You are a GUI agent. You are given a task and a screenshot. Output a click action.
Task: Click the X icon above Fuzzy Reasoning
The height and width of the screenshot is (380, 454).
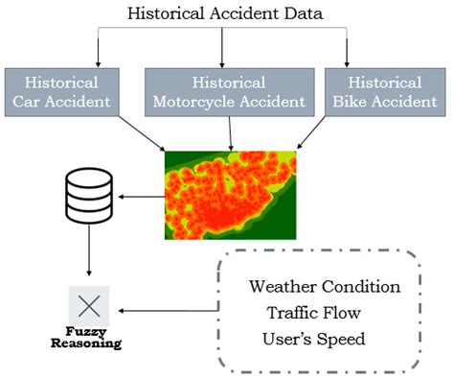pos(88,307)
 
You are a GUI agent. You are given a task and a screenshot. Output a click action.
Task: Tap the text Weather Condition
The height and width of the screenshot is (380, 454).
pos(324,287)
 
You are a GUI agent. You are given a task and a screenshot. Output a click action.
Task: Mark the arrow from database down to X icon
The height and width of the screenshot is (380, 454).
pos(88,254)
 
